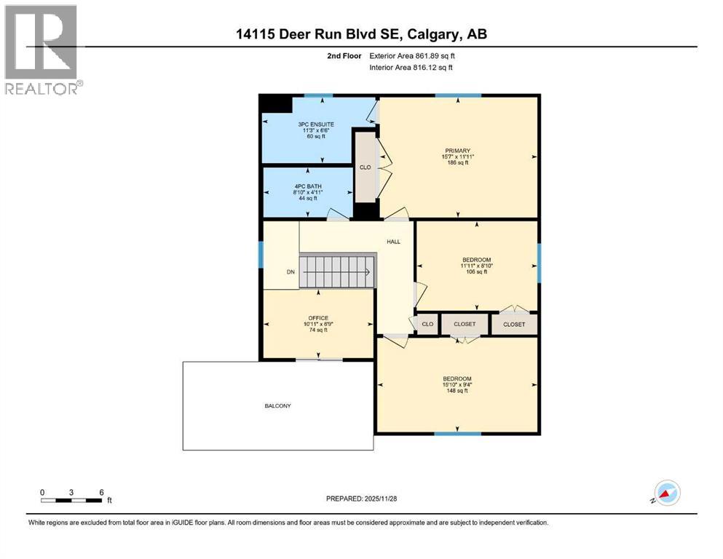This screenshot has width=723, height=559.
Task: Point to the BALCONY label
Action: point(277,405)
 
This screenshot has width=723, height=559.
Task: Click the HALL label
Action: point(393,242)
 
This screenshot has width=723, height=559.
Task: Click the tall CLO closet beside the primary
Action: point(366,167)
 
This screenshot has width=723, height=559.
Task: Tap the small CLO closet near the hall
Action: point(427,324)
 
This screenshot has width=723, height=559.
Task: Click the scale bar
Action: point(71,499)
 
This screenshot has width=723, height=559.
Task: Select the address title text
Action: point(360,33)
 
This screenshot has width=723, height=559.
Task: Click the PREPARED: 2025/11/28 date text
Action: point(361,499)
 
